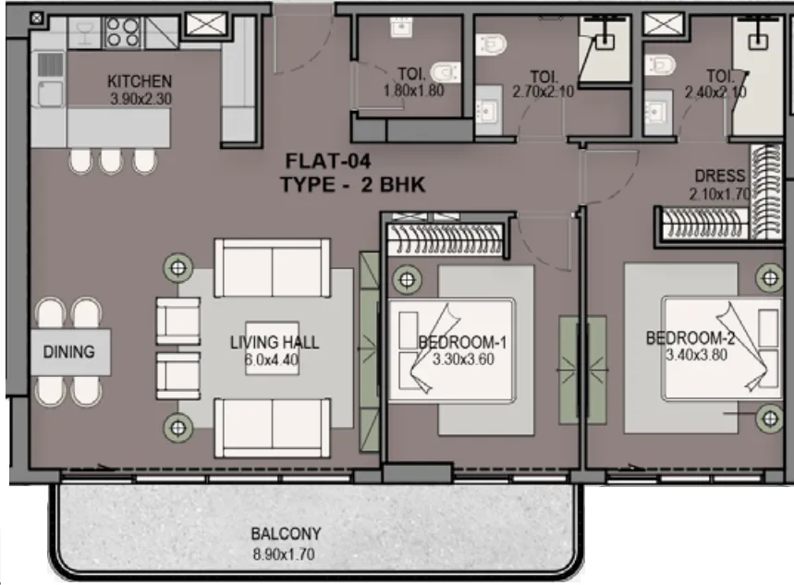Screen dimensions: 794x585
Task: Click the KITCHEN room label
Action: [140, 81]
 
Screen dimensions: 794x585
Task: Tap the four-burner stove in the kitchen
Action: [123, 32]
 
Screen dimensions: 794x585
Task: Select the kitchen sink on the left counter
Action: [50, 92]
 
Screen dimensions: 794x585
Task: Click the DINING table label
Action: [69, 351]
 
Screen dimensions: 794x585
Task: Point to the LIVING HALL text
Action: [275, 342]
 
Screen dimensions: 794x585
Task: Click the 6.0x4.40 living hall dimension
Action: [272, 360]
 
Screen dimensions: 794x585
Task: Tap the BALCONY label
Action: [287, 534]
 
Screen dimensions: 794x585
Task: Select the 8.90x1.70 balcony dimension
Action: [284, 555]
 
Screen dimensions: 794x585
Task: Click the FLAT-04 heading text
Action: [328, 161]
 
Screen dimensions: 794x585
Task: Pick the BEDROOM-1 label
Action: [462, 342]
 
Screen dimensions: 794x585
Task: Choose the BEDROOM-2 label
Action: [690, 338]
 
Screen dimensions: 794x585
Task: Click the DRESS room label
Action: [719, 176]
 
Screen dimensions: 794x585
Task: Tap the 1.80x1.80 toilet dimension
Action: [414, 91]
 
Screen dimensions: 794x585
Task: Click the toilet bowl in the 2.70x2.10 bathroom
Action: [491, 44]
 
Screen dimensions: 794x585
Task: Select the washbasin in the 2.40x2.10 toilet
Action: [657, 111]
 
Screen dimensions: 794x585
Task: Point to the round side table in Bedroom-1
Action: [407, 279]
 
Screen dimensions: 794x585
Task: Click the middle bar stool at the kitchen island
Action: [112, 161]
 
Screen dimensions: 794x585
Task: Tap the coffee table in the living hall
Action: [272, 348]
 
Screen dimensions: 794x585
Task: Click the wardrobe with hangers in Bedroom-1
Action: [446, 239]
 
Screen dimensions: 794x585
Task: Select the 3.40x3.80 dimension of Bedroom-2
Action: [696, 355]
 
